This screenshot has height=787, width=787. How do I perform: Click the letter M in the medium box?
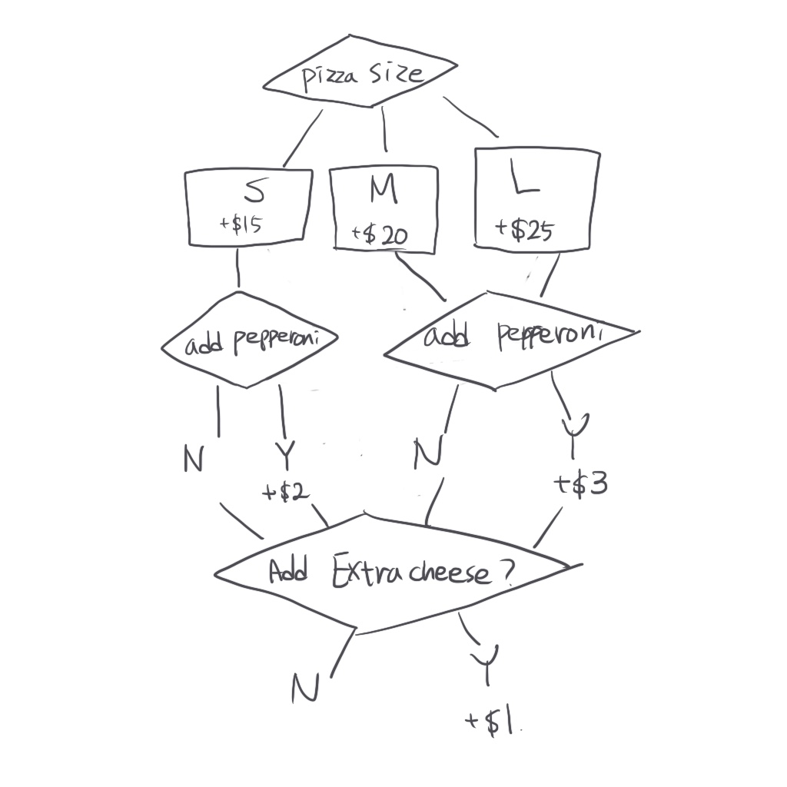tap(384, 192)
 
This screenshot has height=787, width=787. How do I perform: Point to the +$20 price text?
tap(380, 235)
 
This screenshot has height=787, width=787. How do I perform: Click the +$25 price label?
tap(526, 230)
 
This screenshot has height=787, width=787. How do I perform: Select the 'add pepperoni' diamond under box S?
tap(251, 341)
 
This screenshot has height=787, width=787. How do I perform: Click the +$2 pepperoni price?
tap(286, 492)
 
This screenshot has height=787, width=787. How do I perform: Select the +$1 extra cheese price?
tap(492, 722)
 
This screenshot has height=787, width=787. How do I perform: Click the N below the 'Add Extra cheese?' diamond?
tap(305, 687)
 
